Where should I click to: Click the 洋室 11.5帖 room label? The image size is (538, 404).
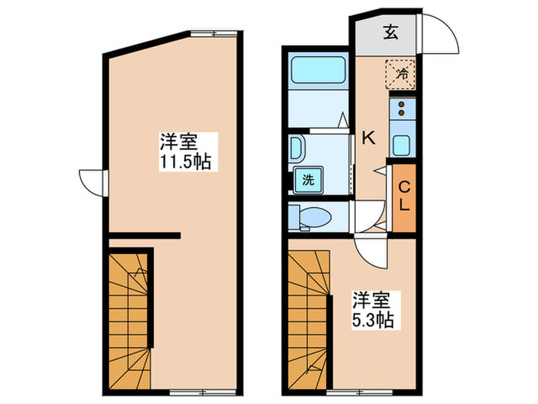(185, 152)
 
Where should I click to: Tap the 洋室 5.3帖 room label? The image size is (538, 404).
(373, 309)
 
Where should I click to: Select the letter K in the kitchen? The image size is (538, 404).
(369, 139)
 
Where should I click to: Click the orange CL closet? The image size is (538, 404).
(403, 196)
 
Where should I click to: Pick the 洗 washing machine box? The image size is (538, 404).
(307, 181)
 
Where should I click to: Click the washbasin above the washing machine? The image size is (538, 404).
(297, 149)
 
